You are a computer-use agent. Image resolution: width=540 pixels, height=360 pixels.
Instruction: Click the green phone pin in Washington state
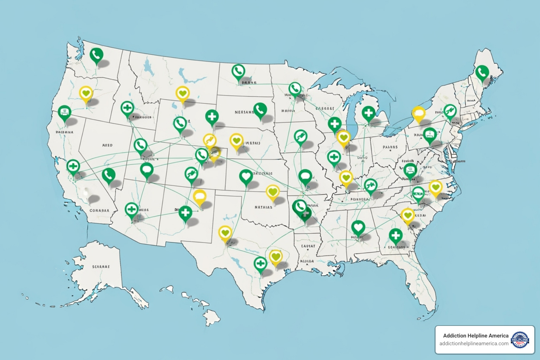[96, 55]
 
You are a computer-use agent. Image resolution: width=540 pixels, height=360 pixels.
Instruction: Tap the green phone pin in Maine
[482, 73]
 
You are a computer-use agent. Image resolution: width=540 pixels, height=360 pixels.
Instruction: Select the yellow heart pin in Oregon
[86, 94]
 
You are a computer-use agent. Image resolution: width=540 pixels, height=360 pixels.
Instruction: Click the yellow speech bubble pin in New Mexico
[199, 196]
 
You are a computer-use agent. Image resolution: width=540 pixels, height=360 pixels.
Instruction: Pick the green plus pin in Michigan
[368, 113]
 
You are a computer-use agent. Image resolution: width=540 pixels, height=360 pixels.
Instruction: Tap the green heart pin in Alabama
[358, 227]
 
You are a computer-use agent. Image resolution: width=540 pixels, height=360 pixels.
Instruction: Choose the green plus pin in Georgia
[396, 234]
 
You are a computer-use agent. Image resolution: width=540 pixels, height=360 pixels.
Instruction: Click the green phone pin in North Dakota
[238, 71]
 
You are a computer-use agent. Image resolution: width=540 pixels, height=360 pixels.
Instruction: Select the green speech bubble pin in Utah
[147, 170]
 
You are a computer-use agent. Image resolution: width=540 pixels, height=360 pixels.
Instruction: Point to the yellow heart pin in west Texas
[225, 232]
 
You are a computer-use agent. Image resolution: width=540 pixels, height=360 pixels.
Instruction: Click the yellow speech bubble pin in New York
[418, 113]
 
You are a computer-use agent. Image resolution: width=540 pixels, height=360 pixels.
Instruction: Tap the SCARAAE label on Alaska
[101, 267]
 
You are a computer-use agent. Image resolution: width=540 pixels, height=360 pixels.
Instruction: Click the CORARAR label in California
[99, 211]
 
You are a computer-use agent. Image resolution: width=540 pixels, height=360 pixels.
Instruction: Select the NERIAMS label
[244, 112]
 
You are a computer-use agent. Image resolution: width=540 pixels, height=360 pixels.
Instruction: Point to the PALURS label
[390, 147]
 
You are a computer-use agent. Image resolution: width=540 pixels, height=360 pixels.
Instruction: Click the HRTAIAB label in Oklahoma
[263, 207]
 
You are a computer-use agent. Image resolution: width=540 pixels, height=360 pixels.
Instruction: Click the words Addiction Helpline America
[476, 336]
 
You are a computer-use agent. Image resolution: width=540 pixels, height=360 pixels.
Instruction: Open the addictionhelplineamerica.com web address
[474, 343]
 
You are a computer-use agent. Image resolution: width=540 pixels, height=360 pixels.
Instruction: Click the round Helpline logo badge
[520, 340]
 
